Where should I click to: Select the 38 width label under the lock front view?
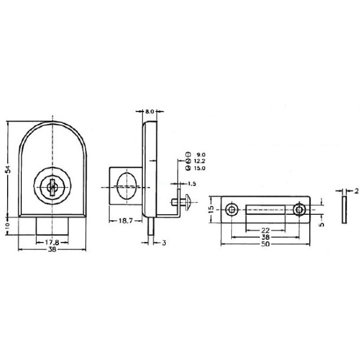(51, 250)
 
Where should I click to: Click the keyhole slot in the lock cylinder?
(52, 188)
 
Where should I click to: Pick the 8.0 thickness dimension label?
(150, 110)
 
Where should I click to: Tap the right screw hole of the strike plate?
(300, 210)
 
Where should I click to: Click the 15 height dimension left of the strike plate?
(210, 210)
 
